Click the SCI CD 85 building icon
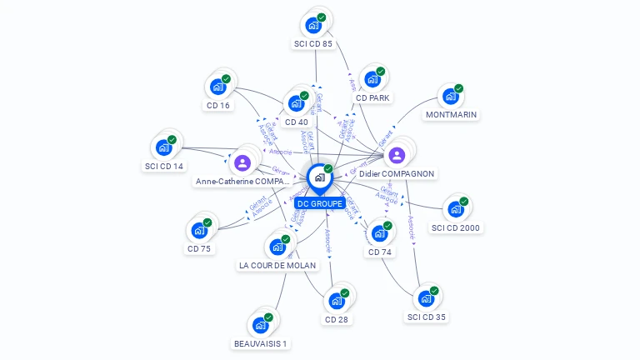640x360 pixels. click(x=313, y=24)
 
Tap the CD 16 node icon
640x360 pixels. click(x=217, y=86)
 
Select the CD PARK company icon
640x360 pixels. click(x=372, y=78)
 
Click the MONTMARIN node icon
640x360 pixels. click(x=451, y=96)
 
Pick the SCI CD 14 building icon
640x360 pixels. click(x=163, y=147)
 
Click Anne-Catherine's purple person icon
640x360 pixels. click(x=243, y=162)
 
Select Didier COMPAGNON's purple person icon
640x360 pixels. click(x=397, y=155)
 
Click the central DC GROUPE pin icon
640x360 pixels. click(x=319, y=177)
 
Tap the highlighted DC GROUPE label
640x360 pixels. click(x=319, y=203)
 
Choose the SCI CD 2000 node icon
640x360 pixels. click(x=456, y=208)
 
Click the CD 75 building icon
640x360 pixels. click(x=199, y=229)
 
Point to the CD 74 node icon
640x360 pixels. click(x=379, y=232)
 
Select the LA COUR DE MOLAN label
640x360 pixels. click(x=277, y=265)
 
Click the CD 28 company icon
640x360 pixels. click(x=337, y=300)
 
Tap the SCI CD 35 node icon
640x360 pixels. click(x=426, y=297)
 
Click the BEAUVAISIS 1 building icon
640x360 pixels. click(x=261, y=324)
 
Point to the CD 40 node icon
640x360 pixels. click(x=296, y=103)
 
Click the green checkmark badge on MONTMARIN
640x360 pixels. click(x=459, y=88)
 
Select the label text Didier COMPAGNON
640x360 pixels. click(x=397, y=173)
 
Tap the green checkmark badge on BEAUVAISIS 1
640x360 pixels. click(x=269, y=317)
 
